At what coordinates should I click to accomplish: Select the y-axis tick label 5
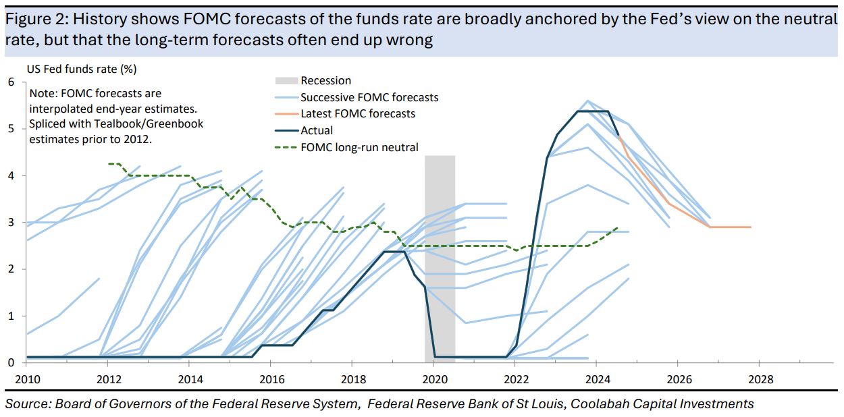click(11, 129)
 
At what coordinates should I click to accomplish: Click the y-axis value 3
click(11, 223)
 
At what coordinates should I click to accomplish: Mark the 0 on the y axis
click(11, 363)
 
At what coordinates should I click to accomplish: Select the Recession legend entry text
click(326, 81)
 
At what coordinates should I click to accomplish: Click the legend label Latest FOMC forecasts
click(358, 114)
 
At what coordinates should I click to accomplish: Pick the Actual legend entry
click(317, 131)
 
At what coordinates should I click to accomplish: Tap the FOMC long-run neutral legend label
click(360, 147)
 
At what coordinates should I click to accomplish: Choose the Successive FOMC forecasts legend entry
click(369, 98)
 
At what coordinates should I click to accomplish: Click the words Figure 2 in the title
click(30, 19)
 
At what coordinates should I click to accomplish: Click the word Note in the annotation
click(41, 94)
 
